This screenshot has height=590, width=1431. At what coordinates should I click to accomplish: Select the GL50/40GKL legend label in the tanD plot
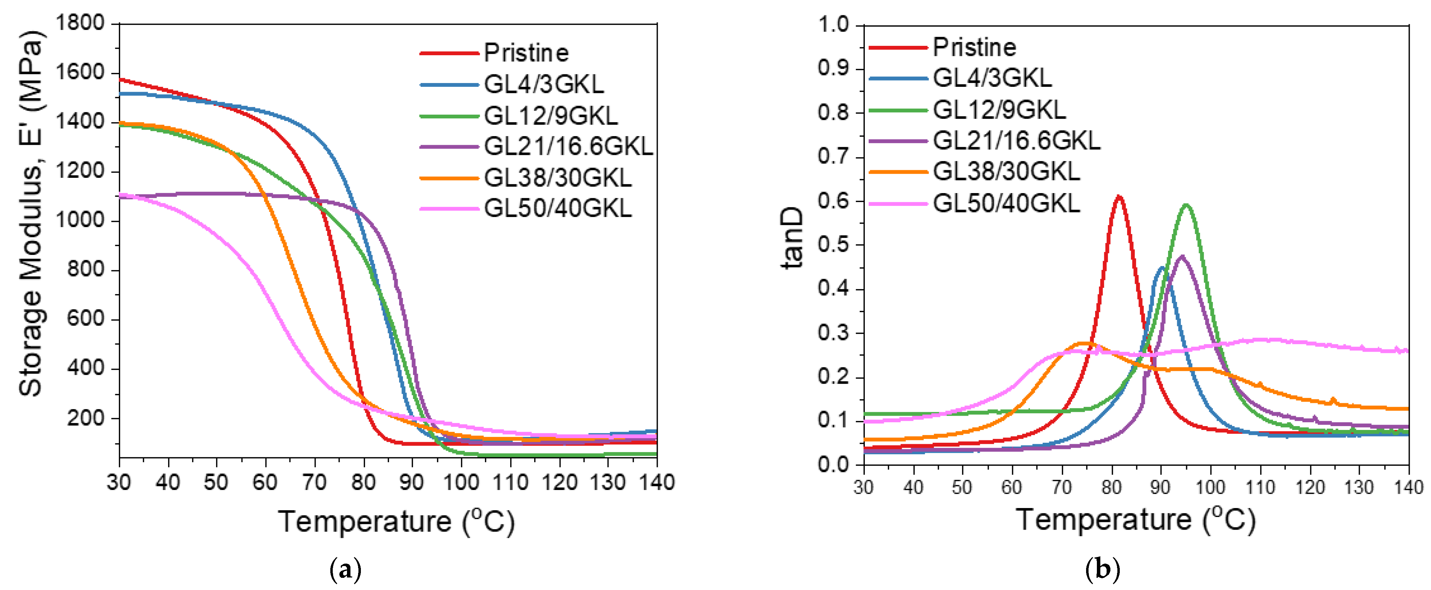pyautogui.click(x=1006, y=204)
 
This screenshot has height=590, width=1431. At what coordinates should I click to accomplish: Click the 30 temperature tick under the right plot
pyautogui.click(x=864, y=488)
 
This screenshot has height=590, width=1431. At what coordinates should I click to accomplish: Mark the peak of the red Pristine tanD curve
pyautogui.click(x=1119, y=196)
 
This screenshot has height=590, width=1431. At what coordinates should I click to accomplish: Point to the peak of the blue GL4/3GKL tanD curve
pyautogui.click(x=1161, y=268)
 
